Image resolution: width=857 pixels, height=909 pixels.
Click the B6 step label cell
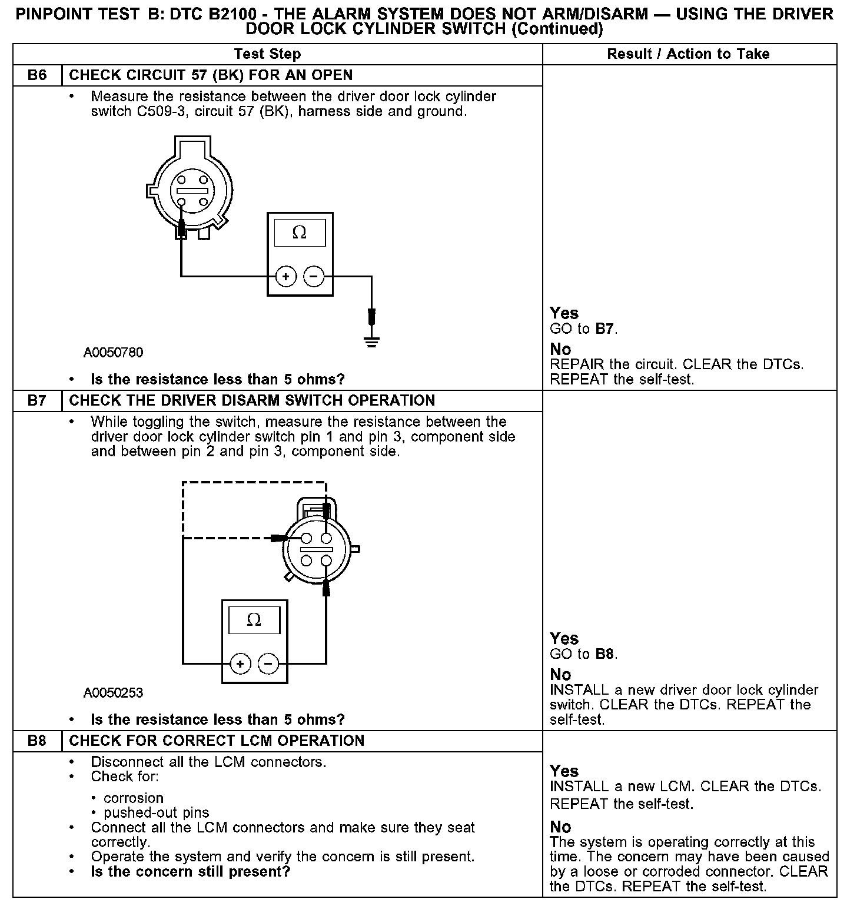pos(37,75)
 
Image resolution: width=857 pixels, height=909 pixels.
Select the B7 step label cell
pos(37,401)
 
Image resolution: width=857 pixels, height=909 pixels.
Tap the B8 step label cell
pos(37,741)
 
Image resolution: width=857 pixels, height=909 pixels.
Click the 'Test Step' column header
pos(267,54)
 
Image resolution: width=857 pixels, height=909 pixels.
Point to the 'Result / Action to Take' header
pos(688,54)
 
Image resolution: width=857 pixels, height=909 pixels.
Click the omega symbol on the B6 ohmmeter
pos(300,233)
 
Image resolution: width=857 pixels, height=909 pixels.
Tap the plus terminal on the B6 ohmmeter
pos(285,276)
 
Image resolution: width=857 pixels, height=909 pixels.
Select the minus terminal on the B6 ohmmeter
pos(314,276)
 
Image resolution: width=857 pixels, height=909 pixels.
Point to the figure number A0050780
pos(113,353)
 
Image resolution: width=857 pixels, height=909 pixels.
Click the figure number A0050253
pos(113,693)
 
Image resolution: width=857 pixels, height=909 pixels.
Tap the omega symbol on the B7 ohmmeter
pos(254,621)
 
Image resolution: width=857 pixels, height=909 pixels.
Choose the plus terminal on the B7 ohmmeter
pos(240,664)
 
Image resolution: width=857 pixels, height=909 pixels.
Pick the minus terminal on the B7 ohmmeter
pos(268,664)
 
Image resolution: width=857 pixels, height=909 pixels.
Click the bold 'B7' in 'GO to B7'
pos(604,329)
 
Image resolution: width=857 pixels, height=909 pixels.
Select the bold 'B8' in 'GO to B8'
pos(604,654)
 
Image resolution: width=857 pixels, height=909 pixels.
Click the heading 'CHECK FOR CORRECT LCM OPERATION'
pos(217,741)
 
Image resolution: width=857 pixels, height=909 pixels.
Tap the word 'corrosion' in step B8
pos(134,798)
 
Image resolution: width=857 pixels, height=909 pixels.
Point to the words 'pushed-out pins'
pos(156,813)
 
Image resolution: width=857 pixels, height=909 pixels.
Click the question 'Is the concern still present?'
pos(191,871)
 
